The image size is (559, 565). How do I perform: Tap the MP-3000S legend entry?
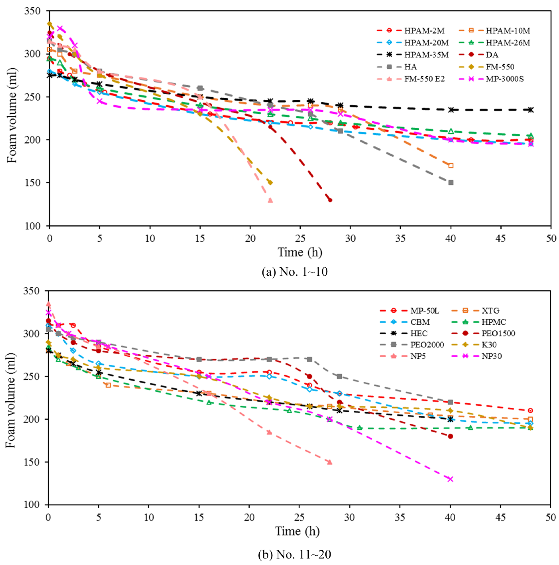505,79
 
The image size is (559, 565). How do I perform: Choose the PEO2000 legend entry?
427,345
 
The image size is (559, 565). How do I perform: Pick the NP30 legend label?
491,356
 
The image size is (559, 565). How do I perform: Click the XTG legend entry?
490,311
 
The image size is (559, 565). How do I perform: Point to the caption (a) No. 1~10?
294,272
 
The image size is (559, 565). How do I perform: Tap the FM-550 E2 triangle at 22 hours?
270,200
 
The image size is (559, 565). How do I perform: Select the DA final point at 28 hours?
330,200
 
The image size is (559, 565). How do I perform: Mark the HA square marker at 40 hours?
451,183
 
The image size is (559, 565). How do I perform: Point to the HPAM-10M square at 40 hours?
451,166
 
